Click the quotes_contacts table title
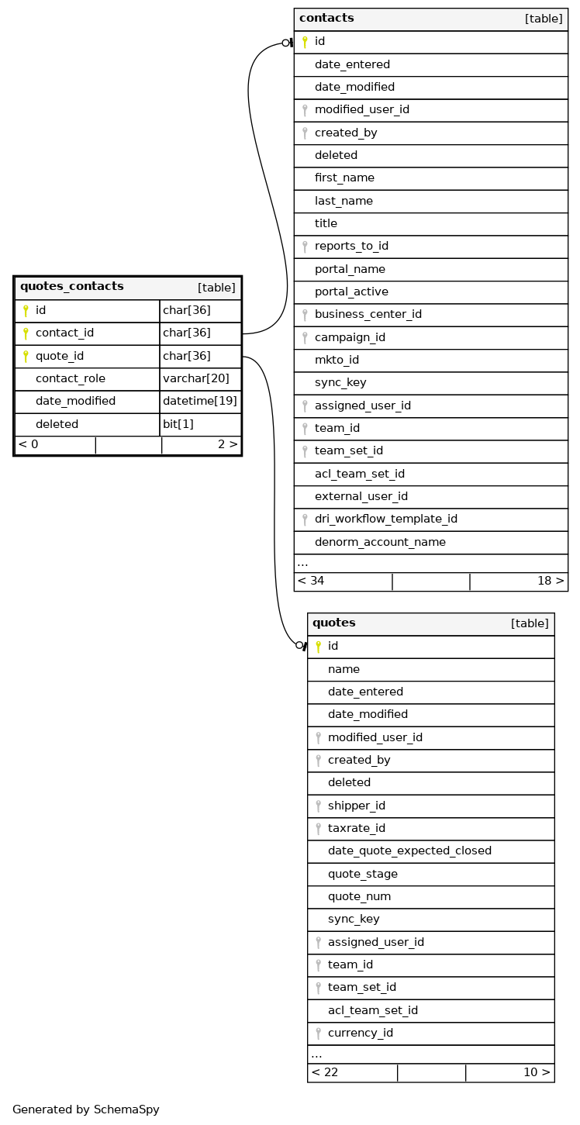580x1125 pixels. click(x=72, y=287)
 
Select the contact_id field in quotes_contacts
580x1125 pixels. click(x=64, y=333)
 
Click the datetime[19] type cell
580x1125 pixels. click(x=199, y=402)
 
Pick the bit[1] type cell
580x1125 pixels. click(x=178, y=424)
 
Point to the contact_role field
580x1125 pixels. click(x=70, y=379)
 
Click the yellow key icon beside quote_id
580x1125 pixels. click(x=26, y=357)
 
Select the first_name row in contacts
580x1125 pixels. click(x=344, y=178)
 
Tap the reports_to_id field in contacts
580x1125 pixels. click(x=351, y=247)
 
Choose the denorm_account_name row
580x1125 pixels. click(x=380, y=542)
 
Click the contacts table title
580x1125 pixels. click(x=326, y=19)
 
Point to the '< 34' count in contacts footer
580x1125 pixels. click(x=311, y=581)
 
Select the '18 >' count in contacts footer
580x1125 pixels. click(x=550, y=581)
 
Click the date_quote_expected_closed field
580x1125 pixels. click(x=409, y=851)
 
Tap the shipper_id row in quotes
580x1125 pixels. click(x=356, y=806)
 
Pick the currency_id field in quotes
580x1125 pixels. click(x=360, y=1034)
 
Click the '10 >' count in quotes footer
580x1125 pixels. click(x=537, y=1073)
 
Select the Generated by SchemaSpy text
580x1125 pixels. click(x=86, y=1109)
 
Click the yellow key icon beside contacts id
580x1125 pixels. click(x=305, y=42)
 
